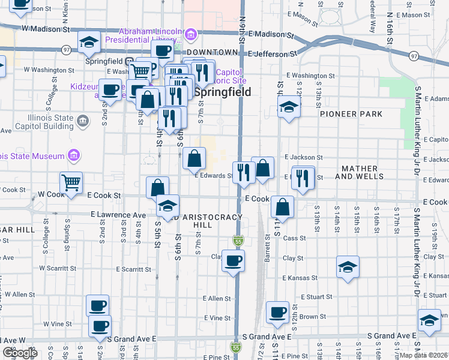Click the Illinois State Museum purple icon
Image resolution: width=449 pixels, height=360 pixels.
pos(74,156)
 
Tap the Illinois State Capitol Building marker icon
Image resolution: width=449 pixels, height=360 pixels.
pos(83,122)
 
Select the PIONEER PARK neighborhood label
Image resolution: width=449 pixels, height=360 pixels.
pos(351,114)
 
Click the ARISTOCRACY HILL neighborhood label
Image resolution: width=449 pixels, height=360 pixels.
pos(212,220)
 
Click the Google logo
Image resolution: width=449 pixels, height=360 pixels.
pos(20,353)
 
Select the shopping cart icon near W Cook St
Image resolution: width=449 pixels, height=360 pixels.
pos(71,182)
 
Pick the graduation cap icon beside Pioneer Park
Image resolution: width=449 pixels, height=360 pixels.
pos(289,109)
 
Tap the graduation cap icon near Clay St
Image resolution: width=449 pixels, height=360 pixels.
pos(348,266)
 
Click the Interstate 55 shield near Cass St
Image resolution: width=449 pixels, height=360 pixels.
pos(238,241)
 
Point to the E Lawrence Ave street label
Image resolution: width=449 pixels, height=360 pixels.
pos(118,214)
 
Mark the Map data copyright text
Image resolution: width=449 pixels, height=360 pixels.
pos(424,355)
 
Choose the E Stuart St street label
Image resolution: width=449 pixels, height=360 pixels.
pos(316,296)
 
